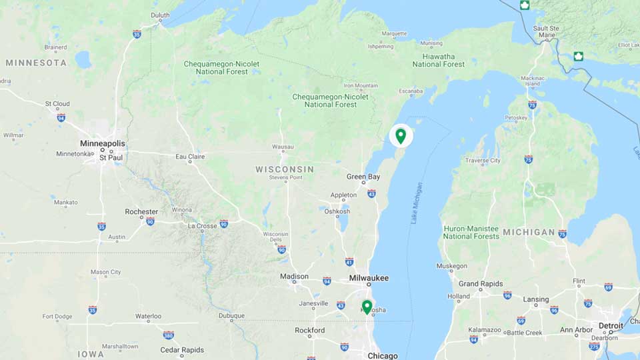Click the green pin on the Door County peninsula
coord(401,136)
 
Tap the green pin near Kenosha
coord(367,307)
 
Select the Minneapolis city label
coord(102,143)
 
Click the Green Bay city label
coord(363,177)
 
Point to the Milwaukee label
coord(369,278)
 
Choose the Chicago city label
coord(383,355)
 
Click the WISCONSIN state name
coord(285,169)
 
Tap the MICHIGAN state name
coord(529,232)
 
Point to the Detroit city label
coord(611,326)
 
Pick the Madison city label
coord(294,276)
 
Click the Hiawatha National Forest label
coord(439,60)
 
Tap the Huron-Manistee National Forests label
coord(471,232)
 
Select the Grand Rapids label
coord(481,283)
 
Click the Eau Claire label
coord(190,157)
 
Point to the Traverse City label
coord(482,161)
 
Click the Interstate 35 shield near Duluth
coord(137,34)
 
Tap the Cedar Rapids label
coord(182,349)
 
